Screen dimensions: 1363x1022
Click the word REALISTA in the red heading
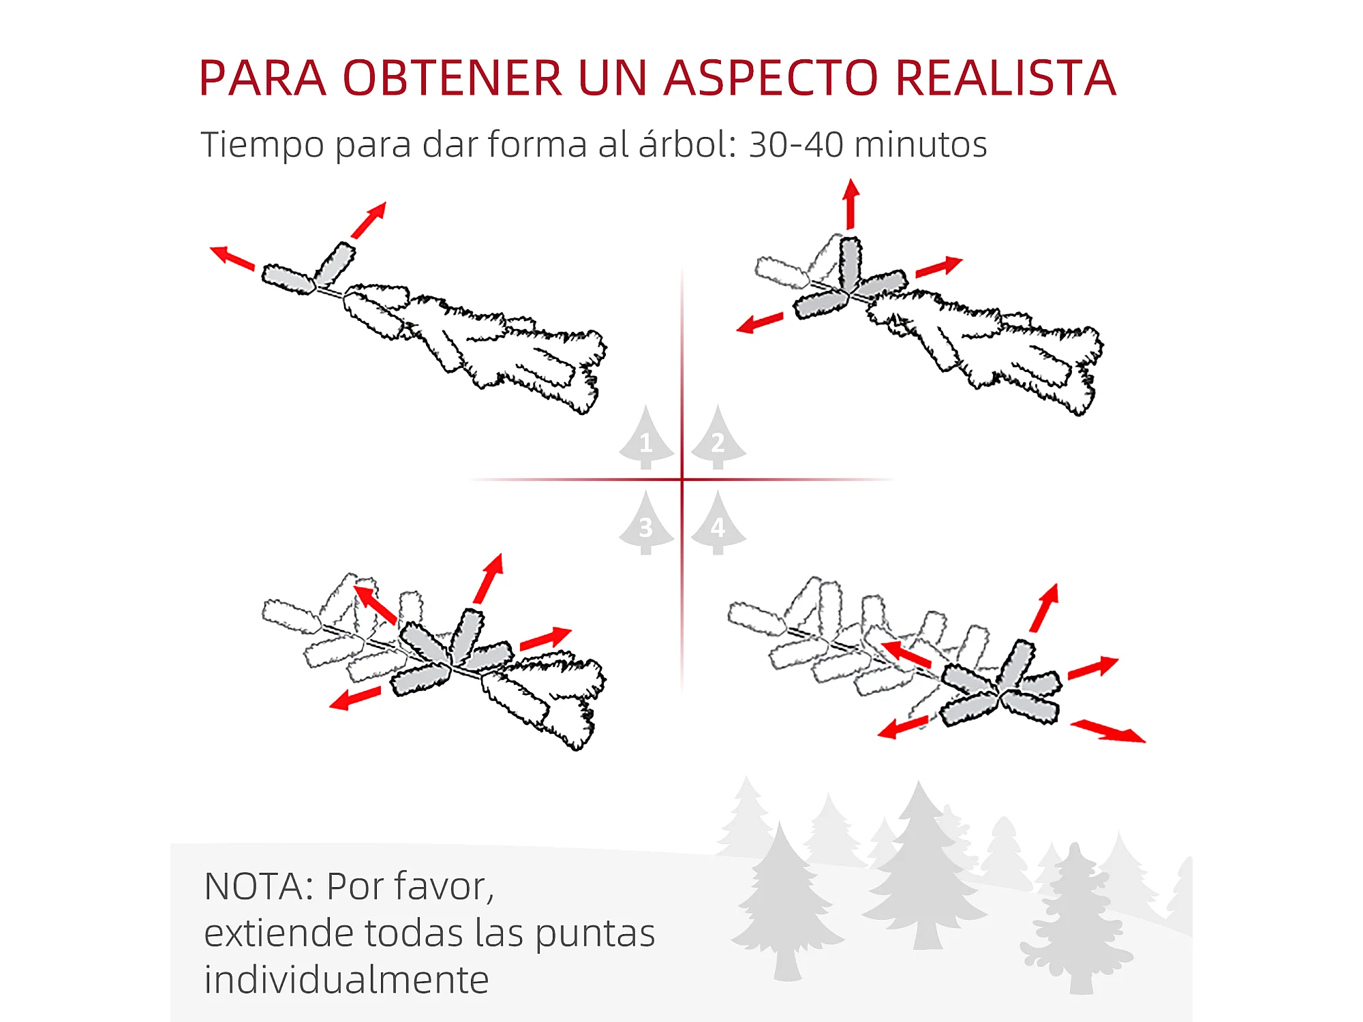(x=1006, y=78)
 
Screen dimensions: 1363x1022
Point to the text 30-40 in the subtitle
(x=795, y=144)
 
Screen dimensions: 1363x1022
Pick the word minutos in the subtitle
(x=921, y=144)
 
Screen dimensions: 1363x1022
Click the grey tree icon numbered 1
(x=646, y=437)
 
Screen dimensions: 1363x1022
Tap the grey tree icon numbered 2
(x=718, y=437)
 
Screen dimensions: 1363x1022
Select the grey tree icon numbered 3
(x=646, y=523)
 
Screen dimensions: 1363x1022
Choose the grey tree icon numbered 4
(x=718, y=523)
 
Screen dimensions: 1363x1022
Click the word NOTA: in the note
(x=259, y=886)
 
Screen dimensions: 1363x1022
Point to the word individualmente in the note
(x=346, y=980)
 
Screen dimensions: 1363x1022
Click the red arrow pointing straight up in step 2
(x=851, y=204)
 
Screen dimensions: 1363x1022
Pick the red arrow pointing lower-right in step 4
(x=1108, y=731)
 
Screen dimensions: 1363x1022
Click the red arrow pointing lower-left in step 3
(x=355, y=698)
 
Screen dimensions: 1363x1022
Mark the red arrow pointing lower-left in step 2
(x=760, y=322)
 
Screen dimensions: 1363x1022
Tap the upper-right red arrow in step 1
(x=369, y=220)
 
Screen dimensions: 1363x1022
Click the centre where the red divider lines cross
(x=682, y=480)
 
